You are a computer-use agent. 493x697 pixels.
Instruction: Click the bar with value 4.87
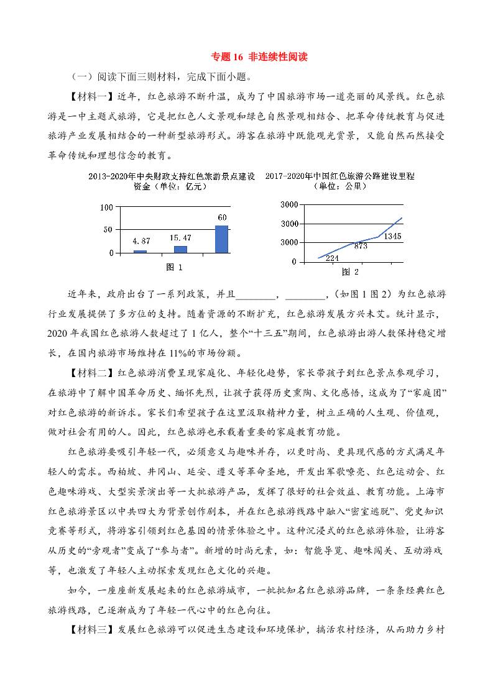pyautogui.click(x=140, y=251)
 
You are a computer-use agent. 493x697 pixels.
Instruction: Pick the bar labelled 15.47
pyautogui.click(x=180, y=249)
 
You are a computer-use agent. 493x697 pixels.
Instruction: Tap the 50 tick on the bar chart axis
pyautogui.click(x=108, y=230)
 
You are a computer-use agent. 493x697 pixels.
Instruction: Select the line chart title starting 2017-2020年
pyautogui.click(x=339, y=176)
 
